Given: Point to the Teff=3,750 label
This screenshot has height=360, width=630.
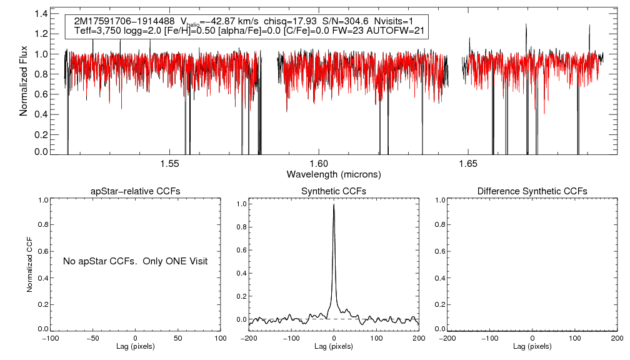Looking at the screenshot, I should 97,31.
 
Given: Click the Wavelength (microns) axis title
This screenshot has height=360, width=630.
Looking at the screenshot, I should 334,174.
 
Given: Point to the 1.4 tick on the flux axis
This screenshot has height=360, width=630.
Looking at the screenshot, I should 42,13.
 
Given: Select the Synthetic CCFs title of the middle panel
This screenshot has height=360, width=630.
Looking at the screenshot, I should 334,191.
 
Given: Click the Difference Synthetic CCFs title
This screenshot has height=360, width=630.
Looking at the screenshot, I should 532,191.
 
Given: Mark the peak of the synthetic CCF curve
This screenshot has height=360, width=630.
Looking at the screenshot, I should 334,204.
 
